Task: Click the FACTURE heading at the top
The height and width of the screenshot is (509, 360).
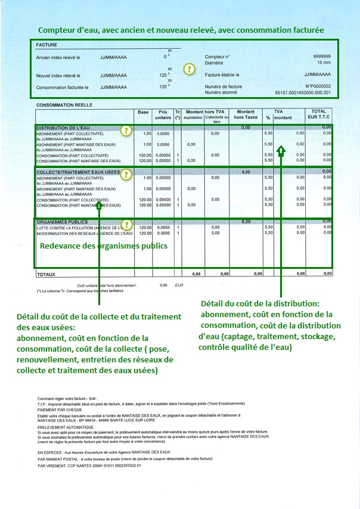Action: point(46,45)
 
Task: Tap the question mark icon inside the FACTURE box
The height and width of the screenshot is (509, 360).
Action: point(190,69)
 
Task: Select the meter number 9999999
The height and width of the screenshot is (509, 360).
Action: point(321,56)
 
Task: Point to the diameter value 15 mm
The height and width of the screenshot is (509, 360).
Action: point(324,62)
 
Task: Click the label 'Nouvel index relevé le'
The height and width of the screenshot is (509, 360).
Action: point(58,75)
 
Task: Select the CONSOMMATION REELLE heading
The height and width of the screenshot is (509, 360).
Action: point(64,105)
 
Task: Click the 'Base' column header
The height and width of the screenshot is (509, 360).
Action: point(143,112)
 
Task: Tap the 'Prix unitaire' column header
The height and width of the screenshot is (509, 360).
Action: point(161,114)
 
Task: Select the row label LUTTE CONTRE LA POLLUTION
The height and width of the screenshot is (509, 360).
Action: point(77,227)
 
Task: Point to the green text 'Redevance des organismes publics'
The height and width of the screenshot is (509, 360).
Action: point(104,246)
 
